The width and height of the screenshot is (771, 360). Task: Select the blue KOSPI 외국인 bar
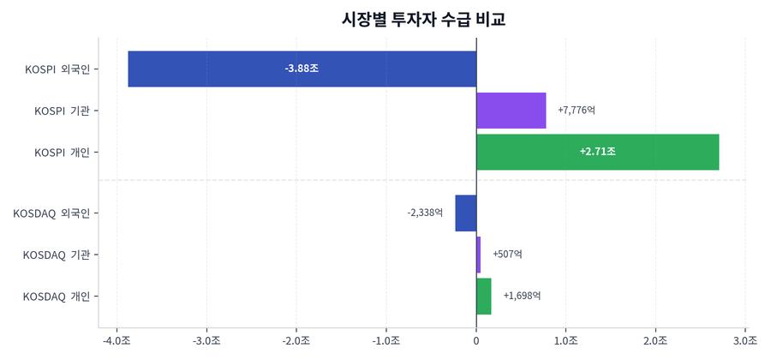[214, 69]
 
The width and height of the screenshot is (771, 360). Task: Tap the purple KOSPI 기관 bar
[511, 111]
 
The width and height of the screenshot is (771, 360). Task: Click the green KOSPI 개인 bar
[651, 152]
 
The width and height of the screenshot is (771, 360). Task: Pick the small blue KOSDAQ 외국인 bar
[466, 213]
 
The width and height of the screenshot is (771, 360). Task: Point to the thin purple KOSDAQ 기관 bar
[478, 255]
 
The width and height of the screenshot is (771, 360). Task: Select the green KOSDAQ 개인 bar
[484, 296]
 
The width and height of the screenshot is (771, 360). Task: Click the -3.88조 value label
[302, 69]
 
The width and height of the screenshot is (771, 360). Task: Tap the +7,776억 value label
[576, 111]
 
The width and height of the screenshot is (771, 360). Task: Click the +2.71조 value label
[597, 152]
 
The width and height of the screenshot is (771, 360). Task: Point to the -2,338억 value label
[425, 213]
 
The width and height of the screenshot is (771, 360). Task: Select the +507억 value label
[507, 255]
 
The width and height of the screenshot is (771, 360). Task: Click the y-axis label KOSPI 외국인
[57, 69]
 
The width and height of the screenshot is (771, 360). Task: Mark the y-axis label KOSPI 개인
[62, 152]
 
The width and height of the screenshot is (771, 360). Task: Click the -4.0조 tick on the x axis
[117, 340]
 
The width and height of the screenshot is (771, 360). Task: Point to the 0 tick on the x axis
[476, 340]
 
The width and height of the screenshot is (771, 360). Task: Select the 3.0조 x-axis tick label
[745, 340]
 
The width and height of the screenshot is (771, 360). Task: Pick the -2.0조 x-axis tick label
[296, 340]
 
